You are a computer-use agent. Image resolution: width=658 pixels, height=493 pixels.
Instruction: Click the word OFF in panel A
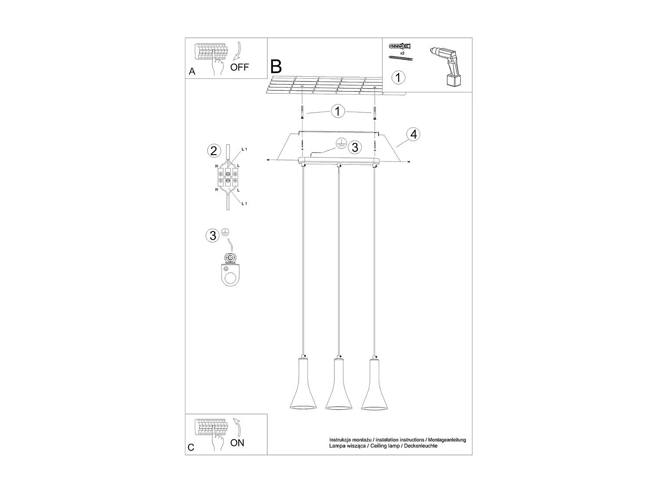coord(240,67)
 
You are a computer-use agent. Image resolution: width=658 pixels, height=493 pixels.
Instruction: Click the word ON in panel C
coord(237,443)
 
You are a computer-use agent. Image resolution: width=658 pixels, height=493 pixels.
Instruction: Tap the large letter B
coord(276,67)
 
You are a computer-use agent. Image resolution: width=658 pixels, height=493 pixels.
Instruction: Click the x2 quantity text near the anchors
coord(402,52)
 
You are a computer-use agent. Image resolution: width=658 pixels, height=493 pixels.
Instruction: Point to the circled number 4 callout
coord(413,134)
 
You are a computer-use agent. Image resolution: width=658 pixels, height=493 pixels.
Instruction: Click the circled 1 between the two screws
coord(338,111)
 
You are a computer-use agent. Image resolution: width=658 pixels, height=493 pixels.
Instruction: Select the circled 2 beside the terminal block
coord(213,151)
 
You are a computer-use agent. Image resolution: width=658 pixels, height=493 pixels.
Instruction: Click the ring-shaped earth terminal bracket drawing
coord(230,274)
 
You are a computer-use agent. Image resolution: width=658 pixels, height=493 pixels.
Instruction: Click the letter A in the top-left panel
coord(192,71)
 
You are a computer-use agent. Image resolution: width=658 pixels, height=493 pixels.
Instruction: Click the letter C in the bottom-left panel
coord(191,447)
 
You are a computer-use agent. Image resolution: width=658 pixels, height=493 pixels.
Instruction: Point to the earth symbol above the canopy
coord(341,142)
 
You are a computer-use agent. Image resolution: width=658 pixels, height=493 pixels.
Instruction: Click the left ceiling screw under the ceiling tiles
coord(302,113)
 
